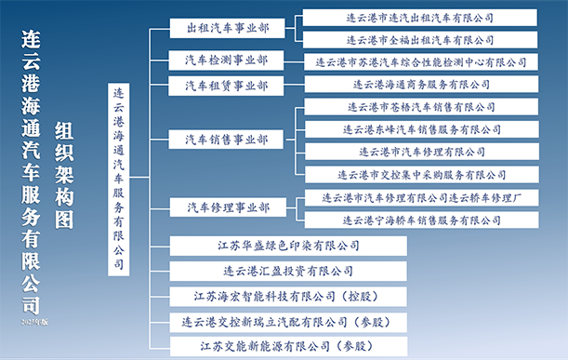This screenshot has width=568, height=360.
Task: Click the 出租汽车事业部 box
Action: tap(227, 28)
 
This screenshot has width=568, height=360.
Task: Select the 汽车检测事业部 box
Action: tap(226, 60)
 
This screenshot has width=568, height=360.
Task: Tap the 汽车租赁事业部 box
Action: tap(226, 86)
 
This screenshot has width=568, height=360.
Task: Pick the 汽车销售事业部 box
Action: tap(226, 140)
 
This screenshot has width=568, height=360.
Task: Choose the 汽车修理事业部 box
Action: tap(228, 207)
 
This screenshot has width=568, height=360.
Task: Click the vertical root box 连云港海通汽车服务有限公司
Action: tap(118, 180)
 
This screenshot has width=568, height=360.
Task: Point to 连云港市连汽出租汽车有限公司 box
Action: tap(420, 18)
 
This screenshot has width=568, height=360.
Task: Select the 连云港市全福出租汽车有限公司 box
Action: tap(420, 40)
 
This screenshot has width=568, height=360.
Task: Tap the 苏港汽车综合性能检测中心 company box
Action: tap(421, 62)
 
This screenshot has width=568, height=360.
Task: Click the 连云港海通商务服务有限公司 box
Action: tap(421, 85)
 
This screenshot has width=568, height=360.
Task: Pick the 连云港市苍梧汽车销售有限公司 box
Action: tap(421, 107)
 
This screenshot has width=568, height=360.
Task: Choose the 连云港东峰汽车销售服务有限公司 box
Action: tap(422, 129)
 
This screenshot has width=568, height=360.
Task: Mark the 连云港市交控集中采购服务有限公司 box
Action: tap(422, 175)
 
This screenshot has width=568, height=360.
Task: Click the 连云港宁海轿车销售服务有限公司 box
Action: tap(422, 220)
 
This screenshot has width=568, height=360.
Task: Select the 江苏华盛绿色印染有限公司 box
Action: tap(288, 246)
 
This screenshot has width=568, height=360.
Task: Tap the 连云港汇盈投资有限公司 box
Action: tap(288, 272)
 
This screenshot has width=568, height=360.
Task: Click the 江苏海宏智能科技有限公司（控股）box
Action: tap(288, 297)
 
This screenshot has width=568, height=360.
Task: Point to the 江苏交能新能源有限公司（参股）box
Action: tap(288, 346)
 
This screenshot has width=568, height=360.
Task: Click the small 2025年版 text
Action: tap(34, 322)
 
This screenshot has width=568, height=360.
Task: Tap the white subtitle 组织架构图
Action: tap(64, 175)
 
